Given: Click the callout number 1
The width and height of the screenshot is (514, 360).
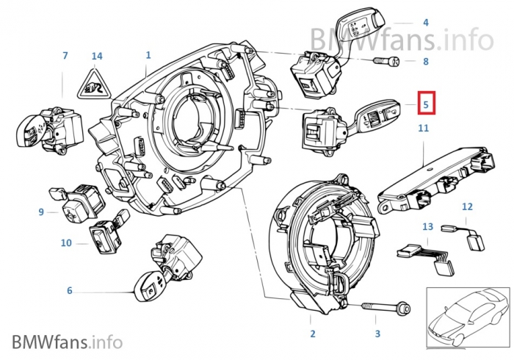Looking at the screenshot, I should [x=148, y=55].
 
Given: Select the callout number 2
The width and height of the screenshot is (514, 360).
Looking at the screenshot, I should [x=312, y=334].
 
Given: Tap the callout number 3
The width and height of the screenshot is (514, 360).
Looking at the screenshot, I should [x=377, y=334].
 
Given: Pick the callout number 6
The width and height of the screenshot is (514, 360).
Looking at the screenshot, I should [x=70, y=291].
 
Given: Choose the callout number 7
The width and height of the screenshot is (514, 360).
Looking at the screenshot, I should [x=65, y=56].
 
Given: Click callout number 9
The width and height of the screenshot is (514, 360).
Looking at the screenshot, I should [x=42, y=212].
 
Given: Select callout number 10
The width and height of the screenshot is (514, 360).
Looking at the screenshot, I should [x=66, y=242].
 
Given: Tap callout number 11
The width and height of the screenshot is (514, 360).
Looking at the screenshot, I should [x=423, y=129].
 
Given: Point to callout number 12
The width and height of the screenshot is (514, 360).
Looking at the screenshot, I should [x=467, y=208].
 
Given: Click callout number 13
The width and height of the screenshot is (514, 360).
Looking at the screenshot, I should [x=428, y=228].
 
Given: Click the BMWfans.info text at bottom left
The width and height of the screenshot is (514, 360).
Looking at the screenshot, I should [x=66, y=341].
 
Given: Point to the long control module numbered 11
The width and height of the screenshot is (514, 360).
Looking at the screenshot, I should [x=432, y=176].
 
